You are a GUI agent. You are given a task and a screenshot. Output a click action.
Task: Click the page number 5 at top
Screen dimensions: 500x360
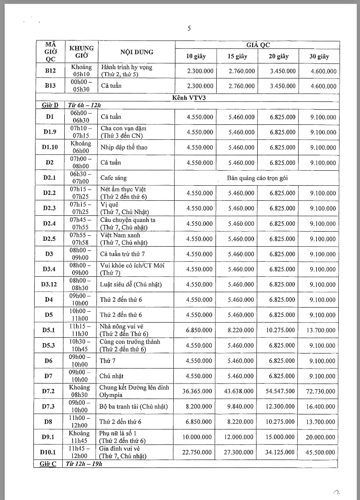(x=189, y=28)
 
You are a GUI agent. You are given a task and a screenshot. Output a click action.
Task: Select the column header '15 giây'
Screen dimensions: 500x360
(x=237, y=56)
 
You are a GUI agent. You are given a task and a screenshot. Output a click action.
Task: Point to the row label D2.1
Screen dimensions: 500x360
(x=50, y=178)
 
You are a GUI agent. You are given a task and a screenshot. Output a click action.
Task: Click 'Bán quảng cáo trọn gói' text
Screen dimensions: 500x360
(x=257, y=178)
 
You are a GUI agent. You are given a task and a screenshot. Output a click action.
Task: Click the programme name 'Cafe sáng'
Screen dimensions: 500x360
(x=112, y=178)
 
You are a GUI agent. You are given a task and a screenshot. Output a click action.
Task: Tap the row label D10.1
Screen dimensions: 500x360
(x=50, y=452)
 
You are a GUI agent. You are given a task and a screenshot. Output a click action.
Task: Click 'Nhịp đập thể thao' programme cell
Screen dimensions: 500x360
(x=124, y=147)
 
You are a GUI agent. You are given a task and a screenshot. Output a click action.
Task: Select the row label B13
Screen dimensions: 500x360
(x=50, y=86)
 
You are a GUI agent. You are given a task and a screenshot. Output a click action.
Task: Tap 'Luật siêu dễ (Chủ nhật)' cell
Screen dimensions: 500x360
(x=131, y=284)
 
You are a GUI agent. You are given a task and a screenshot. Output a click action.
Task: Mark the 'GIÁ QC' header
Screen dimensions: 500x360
(x=257, y=45)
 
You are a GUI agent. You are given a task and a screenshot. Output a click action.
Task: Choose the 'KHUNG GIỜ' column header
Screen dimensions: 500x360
(x=81, y=52)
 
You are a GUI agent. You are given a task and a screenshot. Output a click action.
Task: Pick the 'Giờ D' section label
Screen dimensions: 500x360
(x=49, y=105)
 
